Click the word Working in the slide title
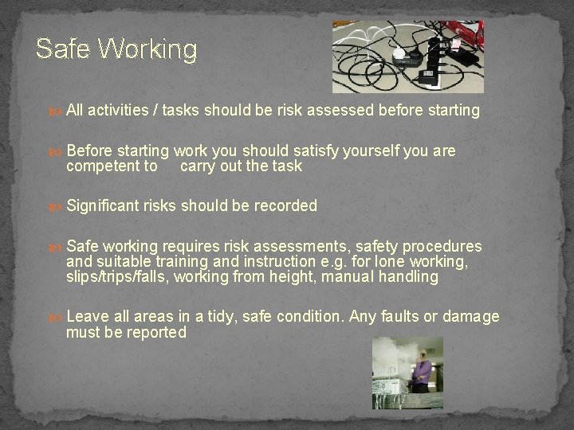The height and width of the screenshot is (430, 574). [x=147, y=50]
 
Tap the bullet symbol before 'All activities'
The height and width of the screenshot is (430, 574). [x=56, y=111]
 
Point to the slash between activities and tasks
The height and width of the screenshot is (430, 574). [x=156, y=111]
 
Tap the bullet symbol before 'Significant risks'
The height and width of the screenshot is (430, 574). [x=56, y=206]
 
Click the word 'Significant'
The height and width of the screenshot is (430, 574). [x=104, y=205]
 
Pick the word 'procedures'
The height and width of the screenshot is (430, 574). [x=442, y=246]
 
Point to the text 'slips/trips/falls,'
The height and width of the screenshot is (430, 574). [x=117, y=276]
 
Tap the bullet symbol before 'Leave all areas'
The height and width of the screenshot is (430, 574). [x=56, y=317]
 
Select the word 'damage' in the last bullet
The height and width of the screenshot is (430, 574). [x=472, y=316]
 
